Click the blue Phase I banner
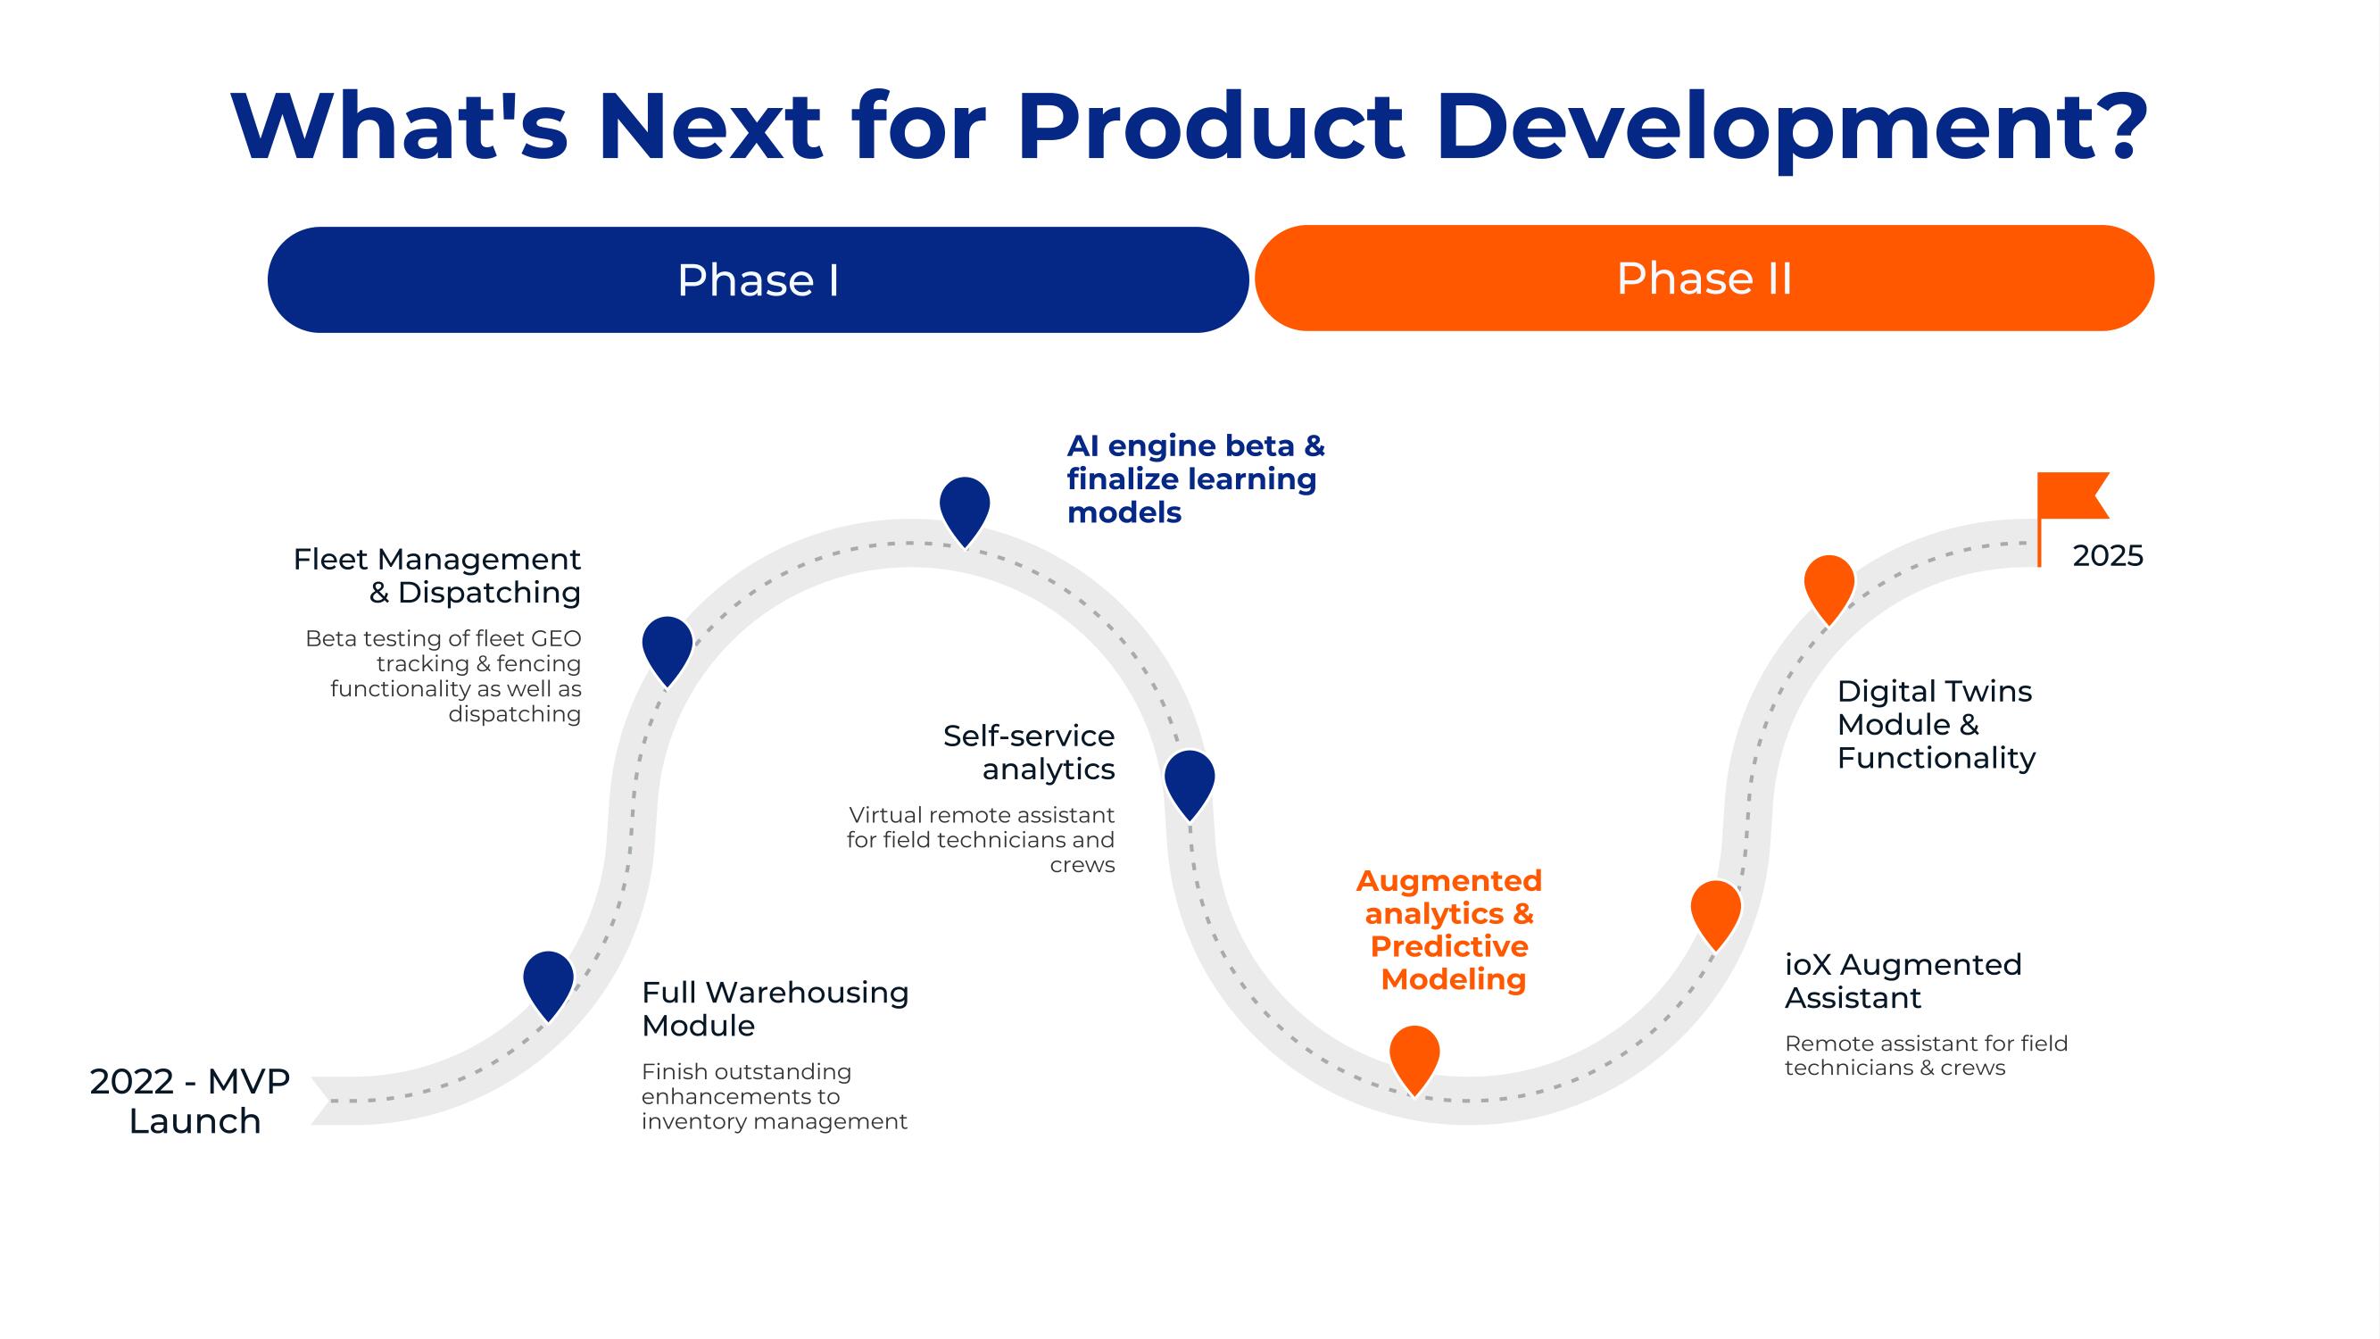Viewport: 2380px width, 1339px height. tap(758, 279)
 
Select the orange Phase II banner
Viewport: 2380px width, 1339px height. tap(1704, 279)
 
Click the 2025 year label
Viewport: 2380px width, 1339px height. tap(2108, 555)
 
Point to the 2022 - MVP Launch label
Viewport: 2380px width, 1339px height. tap(190, 1101)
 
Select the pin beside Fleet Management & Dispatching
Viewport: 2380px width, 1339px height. tap(668, 651)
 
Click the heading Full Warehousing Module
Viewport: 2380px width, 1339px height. tap(775, 1008)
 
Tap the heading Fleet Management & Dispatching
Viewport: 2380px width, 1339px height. tap(437, 575)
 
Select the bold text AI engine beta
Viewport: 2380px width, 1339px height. tap(1182, 446)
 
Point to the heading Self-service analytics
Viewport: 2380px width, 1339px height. tap(1028, 753)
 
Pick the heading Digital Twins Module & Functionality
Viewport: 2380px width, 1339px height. tap(1936, 725)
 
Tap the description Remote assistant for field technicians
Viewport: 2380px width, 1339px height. tap(1927, 1055)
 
